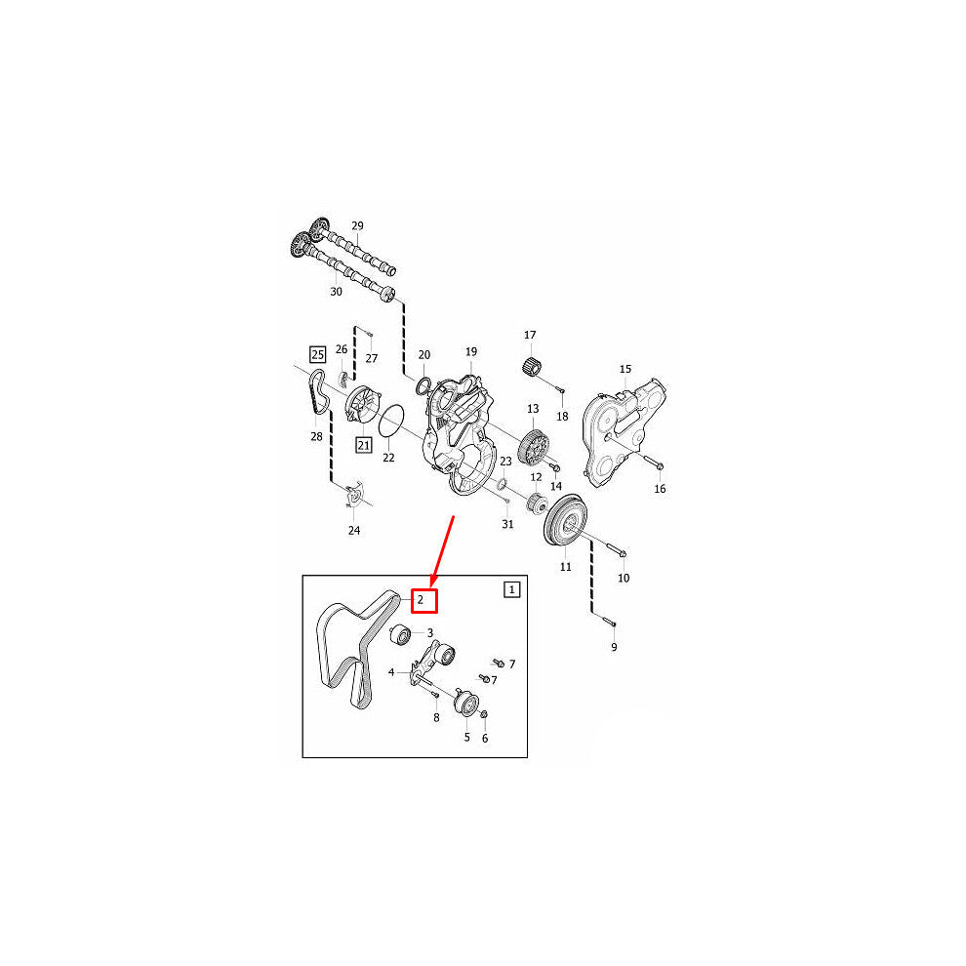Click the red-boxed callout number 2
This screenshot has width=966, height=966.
click(x=423, y=601)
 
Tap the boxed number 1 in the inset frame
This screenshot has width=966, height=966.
click(x=512, y=589)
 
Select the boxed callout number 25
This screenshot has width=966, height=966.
click(x=317, y=354)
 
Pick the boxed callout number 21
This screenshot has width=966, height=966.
click(x=364, y=445)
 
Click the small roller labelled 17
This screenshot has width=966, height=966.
click(x=532, y=365)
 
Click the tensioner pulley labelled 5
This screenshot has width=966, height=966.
click(x=466, y=704)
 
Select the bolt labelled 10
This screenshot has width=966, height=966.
click(x=611, y=549)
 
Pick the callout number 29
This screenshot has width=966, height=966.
click(x=357, y=226)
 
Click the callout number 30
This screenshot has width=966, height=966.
click(x=336, y=292)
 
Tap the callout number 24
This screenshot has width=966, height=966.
click(x=353, y=531)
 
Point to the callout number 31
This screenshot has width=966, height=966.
click(x=507, y=524)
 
